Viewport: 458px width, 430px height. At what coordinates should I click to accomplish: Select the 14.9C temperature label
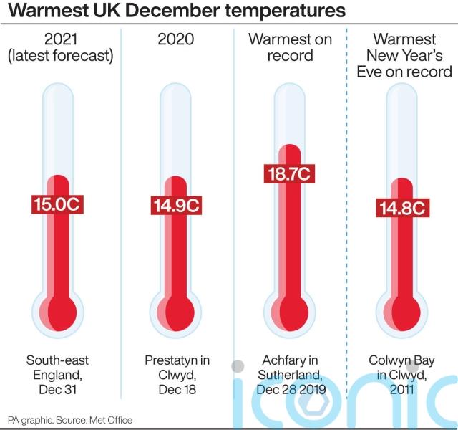coord(175,205)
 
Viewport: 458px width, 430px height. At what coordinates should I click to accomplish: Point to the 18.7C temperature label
coord(291,174)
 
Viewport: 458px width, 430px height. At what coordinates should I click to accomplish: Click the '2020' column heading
coord(176,39)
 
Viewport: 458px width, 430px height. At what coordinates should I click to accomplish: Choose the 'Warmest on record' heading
coord(290,47)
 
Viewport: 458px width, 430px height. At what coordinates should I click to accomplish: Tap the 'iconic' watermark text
coord(343,401)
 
